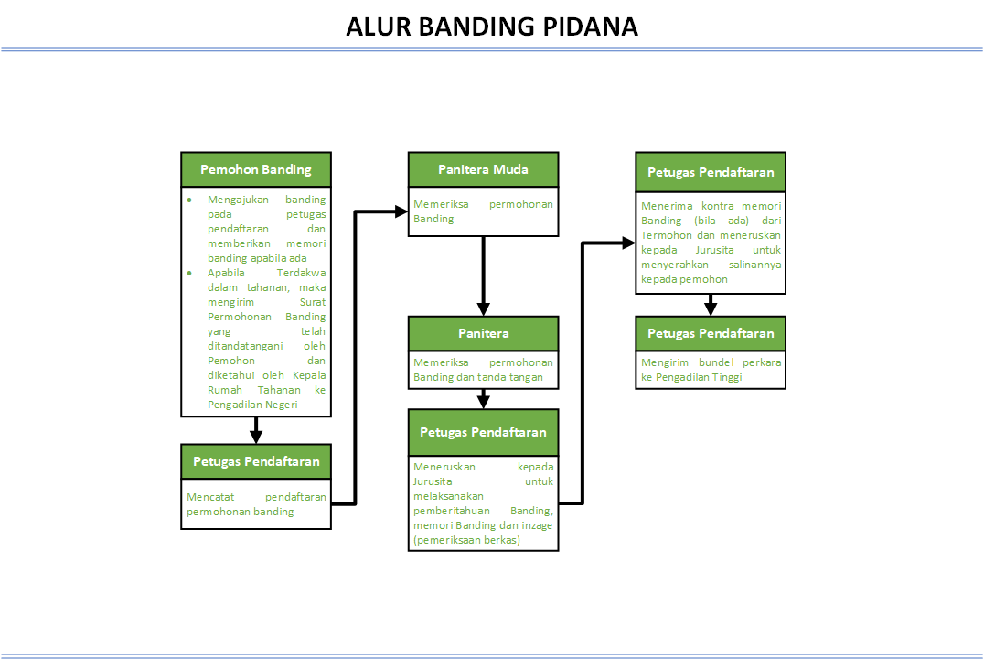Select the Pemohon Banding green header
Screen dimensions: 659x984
pos(256,169)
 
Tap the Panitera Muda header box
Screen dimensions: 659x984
pos(483,169)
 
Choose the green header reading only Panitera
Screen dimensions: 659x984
pos(483,333)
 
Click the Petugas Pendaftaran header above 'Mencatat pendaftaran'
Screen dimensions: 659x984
pos(256,461)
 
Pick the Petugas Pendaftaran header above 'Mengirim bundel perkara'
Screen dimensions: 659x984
pos(711,333)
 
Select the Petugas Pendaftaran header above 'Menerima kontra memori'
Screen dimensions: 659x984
pos(711,172)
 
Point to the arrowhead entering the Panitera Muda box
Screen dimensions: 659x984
pos(401,211)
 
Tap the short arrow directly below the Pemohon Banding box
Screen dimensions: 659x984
pos(256,430)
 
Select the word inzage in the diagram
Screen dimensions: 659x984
pos(538,525)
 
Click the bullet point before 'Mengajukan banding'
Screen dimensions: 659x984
pos(189,200)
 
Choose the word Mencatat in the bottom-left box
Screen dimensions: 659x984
pos(210,497)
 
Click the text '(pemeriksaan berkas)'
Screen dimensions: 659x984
pos(466,540)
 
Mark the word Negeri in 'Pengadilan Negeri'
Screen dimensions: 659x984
pos(279,405)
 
